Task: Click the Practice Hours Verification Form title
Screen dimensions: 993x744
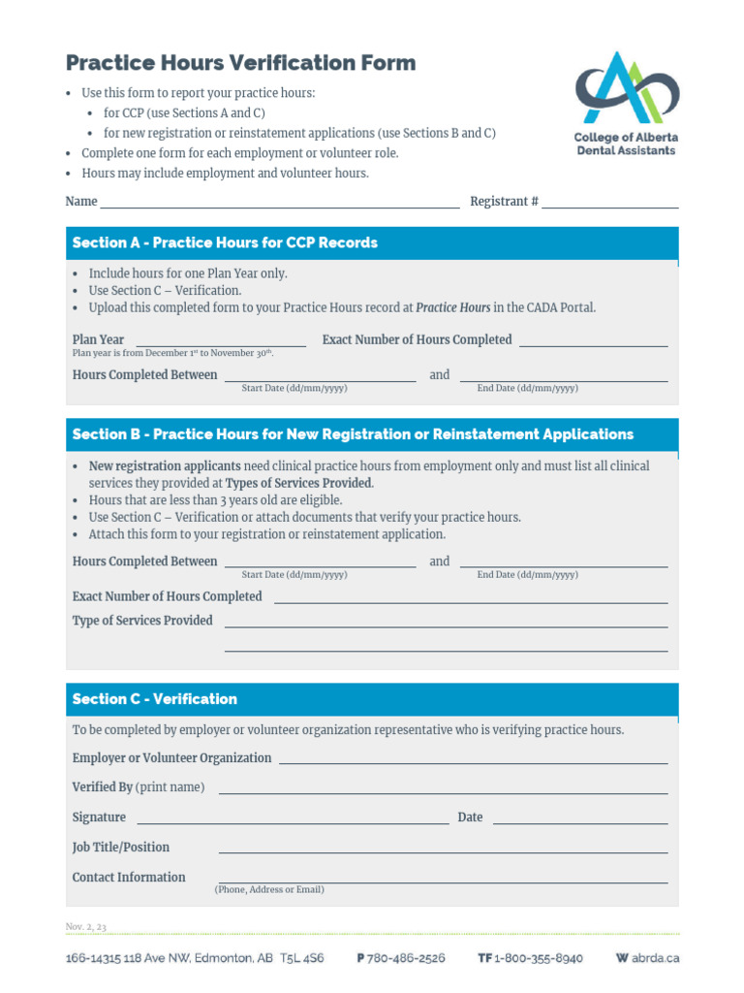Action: pos(240,63)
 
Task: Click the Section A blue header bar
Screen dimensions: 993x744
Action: pos(372,242)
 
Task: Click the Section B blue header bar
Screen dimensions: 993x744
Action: pos(372,434)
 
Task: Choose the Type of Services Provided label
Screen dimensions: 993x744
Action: pos(142,621)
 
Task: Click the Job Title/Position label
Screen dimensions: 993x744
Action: pos(121,848)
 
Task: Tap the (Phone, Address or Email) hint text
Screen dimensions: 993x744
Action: pos(269,889)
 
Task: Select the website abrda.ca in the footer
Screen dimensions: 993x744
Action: pos(655,958)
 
